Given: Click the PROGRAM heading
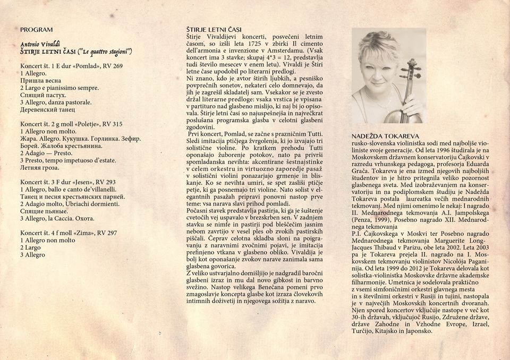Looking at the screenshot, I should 37,30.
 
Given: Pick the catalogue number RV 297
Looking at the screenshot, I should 120,233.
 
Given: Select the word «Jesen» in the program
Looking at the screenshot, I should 87,182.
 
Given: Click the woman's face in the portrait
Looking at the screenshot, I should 379,67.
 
